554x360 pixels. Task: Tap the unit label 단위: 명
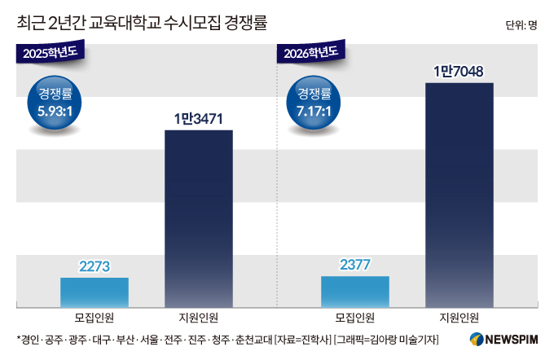pyautogui.click(x=521, y=24)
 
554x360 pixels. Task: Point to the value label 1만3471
pyautogui.click(x=198, y=120)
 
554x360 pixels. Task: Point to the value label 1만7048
pyautogui.click(x=459, y=72)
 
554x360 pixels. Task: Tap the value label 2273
pyautogui.click(x=95, y=266)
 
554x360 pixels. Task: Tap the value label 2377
pyautogui.click(x=354, y=265)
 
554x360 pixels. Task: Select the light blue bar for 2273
pyautogui.click(x=95, y=292)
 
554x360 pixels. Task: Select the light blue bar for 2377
pyautogui.click(x=354, y=291)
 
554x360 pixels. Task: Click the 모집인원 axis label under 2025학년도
pyautogui.click(x=95, y=318)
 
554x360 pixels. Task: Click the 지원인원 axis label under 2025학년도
pyautogui.click(x=198, y=318)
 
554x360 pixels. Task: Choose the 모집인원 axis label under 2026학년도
pyautogui.click(x=354, y=318)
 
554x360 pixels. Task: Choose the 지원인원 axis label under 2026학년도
pyautogui.click(x=459, y=318)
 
